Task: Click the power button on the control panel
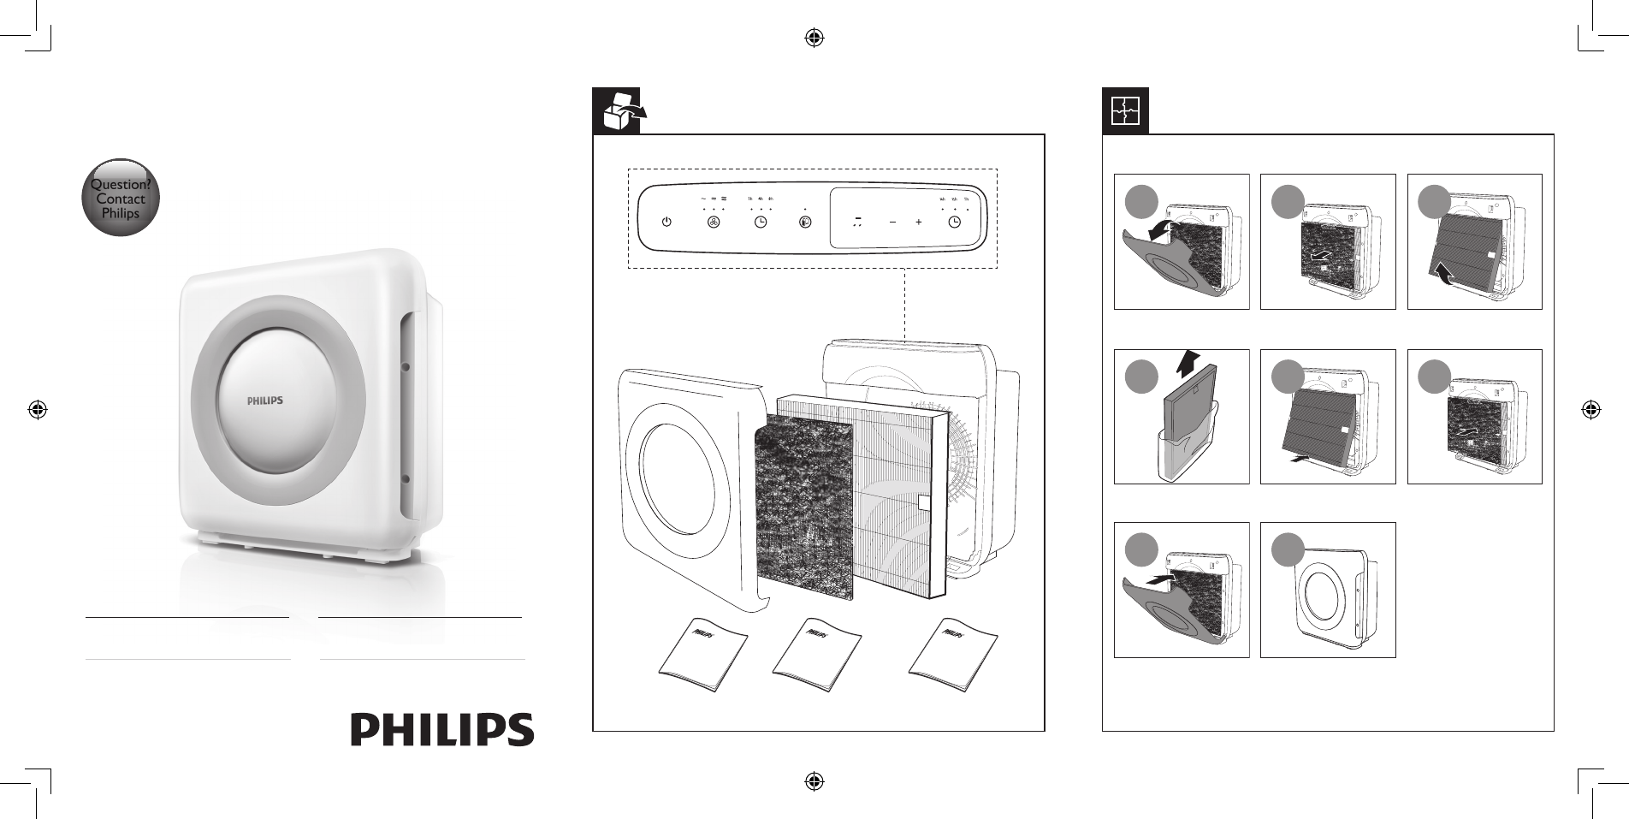666,222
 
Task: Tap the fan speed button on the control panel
714,222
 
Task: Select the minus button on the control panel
892,222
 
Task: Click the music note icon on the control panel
856,222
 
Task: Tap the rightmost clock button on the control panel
954,222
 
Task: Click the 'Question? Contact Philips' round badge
121,199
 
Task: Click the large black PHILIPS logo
442,729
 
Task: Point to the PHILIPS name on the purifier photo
265,400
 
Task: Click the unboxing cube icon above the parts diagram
622,111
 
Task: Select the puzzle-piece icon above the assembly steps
1125,111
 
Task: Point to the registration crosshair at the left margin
37,409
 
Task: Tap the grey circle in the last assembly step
1282,550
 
